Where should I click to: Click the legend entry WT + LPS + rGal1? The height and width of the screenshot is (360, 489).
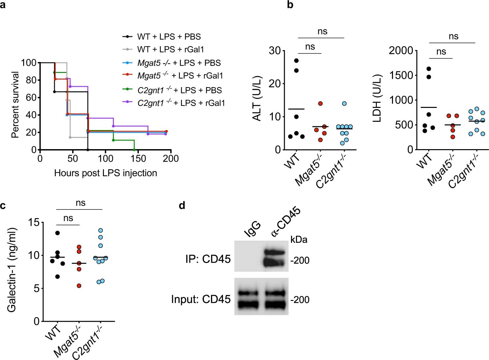pyautogui.click(x=170, y=49)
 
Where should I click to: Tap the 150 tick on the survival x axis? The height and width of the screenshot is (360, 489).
pyautogui.click(x=138, y=159)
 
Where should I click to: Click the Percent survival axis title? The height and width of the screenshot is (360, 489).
pyautogui.click(x=15, y=105)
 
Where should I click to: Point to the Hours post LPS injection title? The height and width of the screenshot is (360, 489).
pyautogui.click(x=106, y=173)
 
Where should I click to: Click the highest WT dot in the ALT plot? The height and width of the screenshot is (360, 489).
pyautogui.click(x=296, y=61)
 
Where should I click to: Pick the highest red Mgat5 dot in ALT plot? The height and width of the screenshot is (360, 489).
pyautogui.click(x=320, y=104)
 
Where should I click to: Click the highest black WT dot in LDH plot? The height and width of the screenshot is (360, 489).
pyautogui.click(x=429, y=69)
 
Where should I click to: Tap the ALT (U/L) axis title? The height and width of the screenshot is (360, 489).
pyautogui.click(x=257, y=99)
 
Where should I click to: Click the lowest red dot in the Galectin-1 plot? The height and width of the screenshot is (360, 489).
pyautogui.click(x=79, y=286)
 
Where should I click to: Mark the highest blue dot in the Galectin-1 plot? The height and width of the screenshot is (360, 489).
pyautogui.click(x=101, y=230)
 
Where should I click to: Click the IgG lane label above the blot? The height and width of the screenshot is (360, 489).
pyautogui.click(x=252, y=229)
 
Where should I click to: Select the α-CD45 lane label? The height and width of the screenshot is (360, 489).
pyautogui.click(x=286, y=221)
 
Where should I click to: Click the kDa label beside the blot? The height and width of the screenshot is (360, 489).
pyautogui.click(x=299, y=240)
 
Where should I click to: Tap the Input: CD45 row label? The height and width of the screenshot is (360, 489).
pyautogui.click(x=201, y=299)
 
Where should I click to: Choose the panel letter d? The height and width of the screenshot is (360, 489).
pyautogui.click(x=182, y=206)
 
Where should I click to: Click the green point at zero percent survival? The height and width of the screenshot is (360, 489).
pyautogui.click(x=134, y=150)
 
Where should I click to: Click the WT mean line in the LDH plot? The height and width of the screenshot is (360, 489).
pyautogui.click(x=429, y=107)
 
